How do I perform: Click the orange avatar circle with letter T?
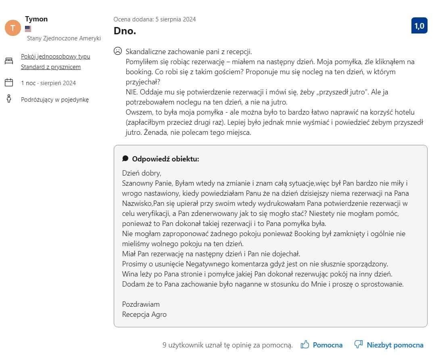pos(13,27)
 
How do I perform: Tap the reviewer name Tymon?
pos(36,19)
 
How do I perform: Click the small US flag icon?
pos(28,29)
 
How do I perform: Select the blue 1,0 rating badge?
pos(419,26)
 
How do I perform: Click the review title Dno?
pos(125,31)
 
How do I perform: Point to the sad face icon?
pos(117,51)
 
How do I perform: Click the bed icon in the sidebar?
pos(9,61)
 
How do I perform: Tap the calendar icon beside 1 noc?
pos(9,83)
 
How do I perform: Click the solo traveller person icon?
pos(9,99)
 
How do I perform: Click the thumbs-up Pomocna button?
pos(321,345)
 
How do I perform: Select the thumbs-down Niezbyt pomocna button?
pos(388,345)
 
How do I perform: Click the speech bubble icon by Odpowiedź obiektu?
pos(125,159)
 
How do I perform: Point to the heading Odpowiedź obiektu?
pos(165,159)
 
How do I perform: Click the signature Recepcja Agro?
pos(144,314)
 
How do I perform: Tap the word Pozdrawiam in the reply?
pos(141,304)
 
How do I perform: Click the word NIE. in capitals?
pos(132,92)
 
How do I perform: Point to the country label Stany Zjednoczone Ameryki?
pos(64,38)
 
